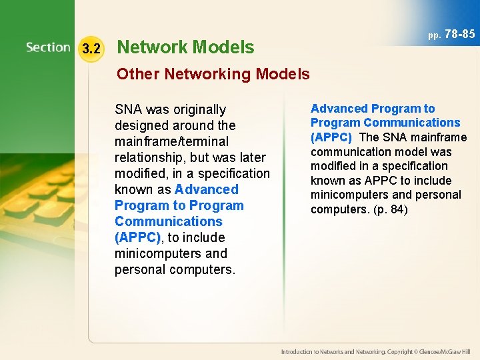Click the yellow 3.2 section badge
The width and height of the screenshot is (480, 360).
pyautogui.click(x=91, y=49)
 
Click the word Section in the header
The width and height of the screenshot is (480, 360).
pyautogui.click(x=48, y=47)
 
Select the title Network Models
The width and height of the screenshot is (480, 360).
pyautogui.click(x=185, y=47)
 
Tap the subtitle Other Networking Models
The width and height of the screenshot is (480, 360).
pyautogui.click(x=213, y=74)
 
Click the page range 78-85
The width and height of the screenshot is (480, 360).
pyautogui.click(x=459, y=34)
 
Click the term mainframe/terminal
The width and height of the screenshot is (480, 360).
pyautogui.click(x=171, y=141)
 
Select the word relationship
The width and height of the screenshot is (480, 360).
pyautogui.click(x=151, y=157)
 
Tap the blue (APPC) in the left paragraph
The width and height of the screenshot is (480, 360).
pyautogui.click(x=137, y=237)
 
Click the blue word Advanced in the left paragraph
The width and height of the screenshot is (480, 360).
pyautogui.click(x=206, y=189)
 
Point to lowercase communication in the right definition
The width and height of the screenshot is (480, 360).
pyautogui.click(x=349, y=152)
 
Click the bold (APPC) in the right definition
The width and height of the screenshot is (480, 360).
pyautogui.click(x=331, y=137)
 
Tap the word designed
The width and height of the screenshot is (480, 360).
pyautogui.click(x=142, y=125)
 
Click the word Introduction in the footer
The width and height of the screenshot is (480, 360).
pyautogui.click(x=297, y=351)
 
